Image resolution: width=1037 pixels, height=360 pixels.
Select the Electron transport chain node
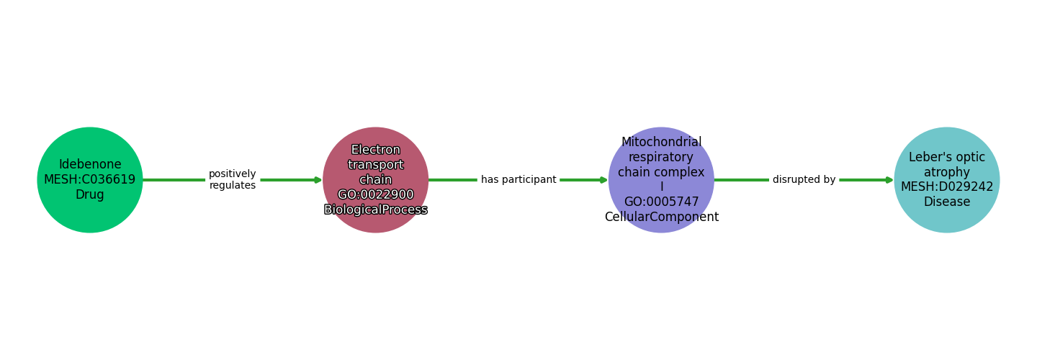pyautogui.click(x=375, y=180)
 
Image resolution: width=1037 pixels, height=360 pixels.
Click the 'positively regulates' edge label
pyautogui.click(x=232, y=180)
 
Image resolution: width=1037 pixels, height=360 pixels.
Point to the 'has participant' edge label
pyautogui.click(x=518, y=180)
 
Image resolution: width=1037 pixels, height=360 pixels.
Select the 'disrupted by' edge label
pyautogui.click(x=804, y=180)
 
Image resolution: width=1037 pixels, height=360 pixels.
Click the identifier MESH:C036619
pyautogui.click(x=90, y=180)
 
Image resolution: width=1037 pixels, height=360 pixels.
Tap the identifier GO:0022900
pyautogui.click(x=375, y=195)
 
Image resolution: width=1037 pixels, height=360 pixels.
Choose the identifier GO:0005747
pyautogui.click(x=661, y=202)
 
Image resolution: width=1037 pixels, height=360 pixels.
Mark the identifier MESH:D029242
pyautogui.click(x=947, y=187)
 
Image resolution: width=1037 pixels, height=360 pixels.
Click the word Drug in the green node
pyautogui.click(x=90, y=195)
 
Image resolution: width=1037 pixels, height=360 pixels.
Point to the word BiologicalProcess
pyautogui.click(x=375, y=210)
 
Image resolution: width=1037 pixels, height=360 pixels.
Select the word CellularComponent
pyautogui.click(x=661, y=217)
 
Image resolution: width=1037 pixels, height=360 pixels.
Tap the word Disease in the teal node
pyautogui.click(x=947, y=202)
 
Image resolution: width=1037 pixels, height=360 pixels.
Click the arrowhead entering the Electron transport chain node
pyautogui.click(x=318, y=180)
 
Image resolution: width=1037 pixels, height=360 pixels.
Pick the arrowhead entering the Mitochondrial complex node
pyautogui.click(x=603, y=180)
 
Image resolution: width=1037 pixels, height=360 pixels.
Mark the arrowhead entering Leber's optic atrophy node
pyautogui.click(x=889, y=180)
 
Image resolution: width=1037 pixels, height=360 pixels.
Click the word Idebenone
pyautogui.click(x=90, y=165)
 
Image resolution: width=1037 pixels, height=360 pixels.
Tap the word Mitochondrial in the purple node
pyautogui.click(x=661, y=143)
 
